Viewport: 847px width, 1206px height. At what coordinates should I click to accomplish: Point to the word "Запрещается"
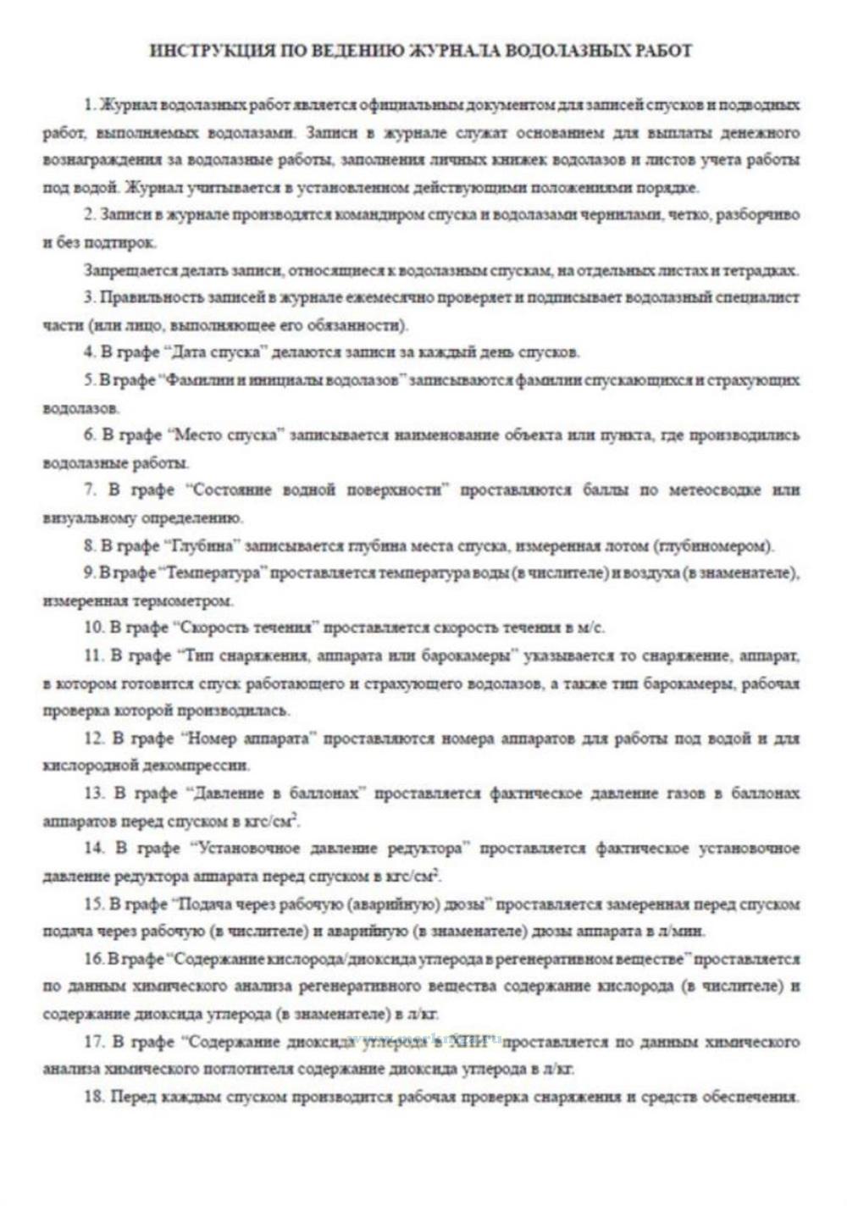click(125, 271)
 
